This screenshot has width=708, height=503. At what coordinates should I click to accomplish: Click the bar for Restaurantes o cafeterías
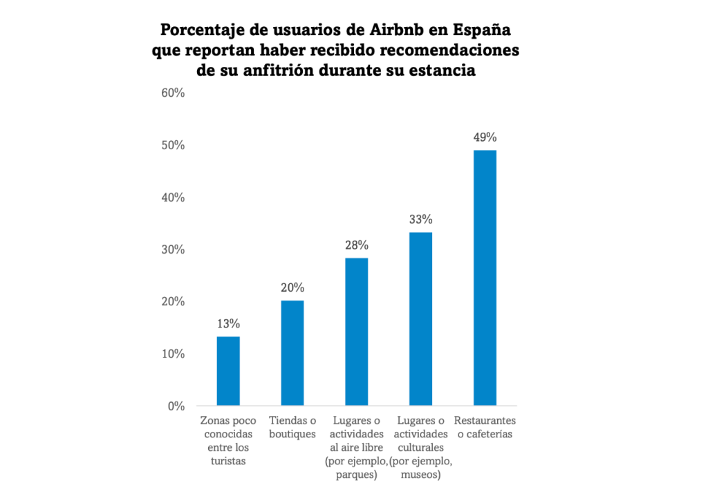485,277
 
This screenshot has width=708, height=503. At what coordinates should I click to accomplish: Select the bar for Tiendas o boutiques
292,352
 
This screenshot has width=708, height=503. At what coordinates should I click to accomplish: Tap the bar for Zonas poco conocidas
228,370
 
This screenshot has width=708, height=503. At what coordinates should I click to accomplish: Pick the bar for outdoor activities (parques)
357,331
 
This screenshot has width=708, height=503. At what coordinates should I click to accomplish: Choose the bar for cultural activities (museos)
420,319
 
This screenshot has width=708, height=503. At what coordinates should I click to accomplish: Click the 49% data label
485,137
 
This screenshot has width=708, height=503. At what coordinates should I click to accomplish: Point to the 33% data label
420,220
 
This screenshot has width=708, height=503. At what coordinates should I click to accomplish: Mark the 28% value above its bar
357,245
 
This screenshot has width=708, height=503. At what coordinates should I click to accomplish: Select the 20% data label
292,287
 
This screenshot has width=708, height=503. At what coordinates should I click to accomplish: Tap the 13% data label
228,323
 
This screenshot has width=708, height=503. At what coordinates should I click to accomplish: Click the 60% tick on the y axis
173,93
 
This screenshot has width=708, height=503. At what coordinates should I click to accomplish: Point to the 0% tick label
176,406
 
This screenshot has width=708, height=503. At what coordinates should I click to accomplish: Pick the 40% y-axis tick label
173,197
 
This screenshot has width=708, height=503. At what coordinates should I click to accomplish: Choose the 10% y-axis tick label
173,354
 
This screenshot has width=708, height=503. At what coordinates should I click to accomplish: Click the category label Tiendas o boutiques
292,427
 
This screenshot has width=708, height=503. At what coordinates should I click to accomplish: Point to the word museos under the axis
420,474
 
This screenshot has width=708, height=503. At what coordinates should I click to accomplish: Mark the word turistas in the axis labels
228,461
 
